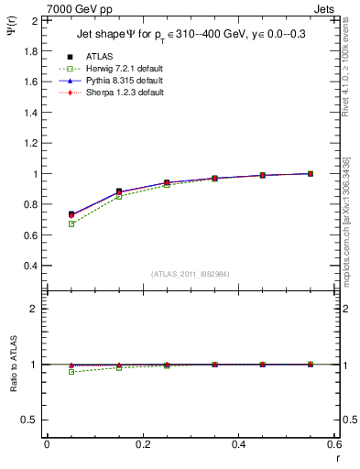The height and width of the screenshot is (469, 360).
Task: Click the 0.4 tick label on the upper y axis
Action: (x=29, y=266)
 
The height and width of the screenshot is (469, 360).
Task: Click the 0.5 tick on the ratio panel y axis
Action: (x=29, y=420)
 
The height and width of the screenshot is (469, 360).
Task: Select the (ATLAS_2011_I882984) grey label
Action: (x=190, y=274)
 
